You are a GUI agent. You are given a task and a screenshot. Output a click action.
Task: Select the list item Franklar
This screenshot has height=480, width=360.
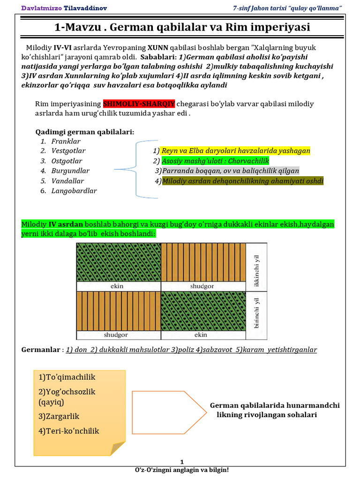click(66, 141)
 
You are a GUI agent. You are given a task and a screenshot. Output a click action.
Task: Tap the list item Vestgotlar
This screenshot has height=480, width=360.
click(68, 151)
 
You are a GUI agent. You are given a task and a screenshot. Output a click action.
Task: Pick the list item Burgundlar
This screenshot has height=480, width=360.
click(70, 171)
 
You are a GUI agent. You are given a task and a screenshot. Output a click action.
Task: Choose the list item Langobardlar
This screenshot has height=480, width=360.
click(74, 190)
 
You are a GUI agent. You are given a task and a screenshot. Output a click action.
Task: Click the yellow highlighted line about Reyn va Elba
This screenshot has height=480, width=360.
click(236, 151)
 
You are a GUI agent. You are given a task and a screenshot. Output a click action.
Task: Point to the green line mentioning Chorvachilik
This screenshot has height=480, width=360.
click(215, 161)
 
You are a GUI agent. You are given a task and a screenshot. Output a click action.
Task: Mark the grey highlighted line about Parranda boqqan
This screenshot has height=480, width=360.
click(230, 171)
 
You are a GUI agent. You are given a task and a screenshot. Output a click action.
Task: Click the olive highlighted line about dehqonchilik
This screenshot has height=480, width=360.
click(242, 181)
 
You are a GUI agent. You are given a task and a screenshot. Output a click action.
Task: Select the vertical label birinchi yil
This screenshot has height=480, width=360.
click(256, 313)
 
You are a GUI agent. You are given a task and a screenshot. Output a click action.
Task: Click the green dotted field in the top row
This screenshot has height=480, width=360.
click(118, 262)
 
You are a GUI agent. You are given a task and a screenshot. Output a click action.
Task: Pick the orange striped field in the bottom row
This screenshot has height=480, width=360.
click(118, 311)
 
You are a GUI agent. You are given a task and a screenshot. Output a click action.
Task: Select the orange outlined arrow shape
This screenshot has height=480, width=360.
click(169, 410)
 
